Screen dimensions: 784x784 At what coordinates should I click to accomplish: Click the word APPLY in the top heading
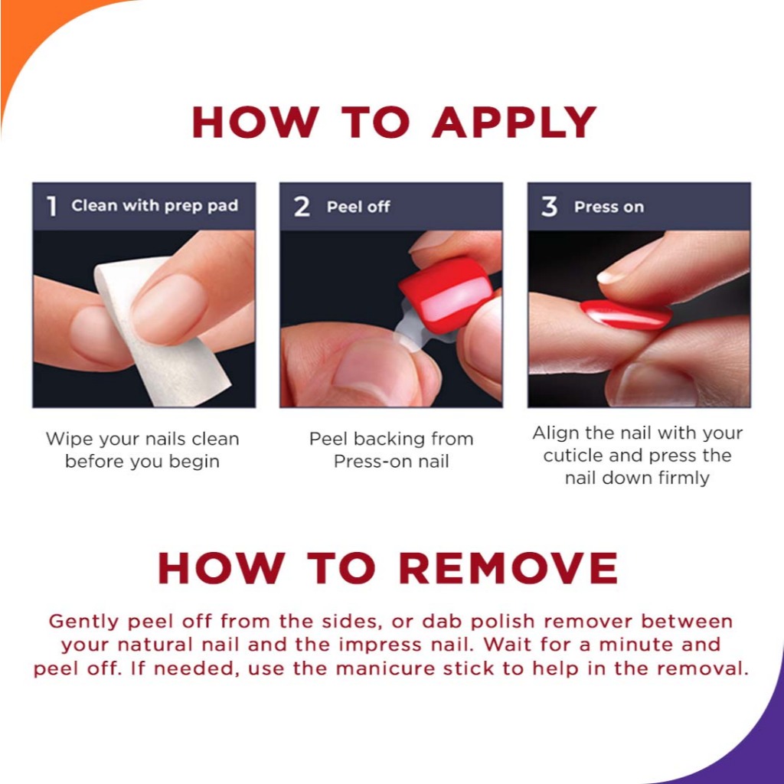point(514,122)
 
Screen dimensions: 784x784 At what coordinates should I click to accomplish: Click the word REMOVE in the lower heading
point(508,568)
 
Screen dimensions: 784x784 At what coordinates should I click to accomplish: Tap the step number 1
point(51,206)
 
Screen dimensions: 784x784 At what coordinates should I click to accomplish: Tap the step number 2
point(302,207)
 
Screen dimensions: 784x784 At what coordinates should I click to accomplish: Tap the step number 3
point(549,207)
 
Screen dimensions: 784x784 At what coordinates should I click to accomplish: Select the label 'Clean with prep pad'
point(155,205)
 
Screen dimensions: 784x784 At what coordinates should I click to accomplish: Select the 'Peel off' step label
point(358,207)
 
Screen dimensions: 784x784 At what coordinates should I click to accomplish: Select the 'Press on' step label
point(609,207)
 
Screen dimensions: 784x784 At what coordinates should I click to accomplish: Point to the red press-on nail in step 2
point(446,294)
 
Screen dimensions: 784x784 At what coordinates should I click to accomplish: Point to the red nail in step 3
point(626,315)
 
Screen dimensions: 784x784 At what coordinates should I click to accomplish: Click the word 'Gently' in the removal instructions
point(84,622)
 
